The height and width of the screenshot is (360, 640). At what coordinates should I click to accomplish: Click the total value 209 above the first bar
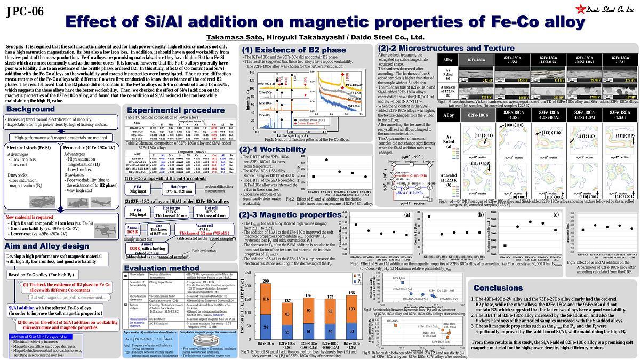coord(265,281)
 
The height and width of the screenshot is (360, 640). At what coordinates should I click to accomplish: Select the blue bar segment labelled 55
coord(287,332)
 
